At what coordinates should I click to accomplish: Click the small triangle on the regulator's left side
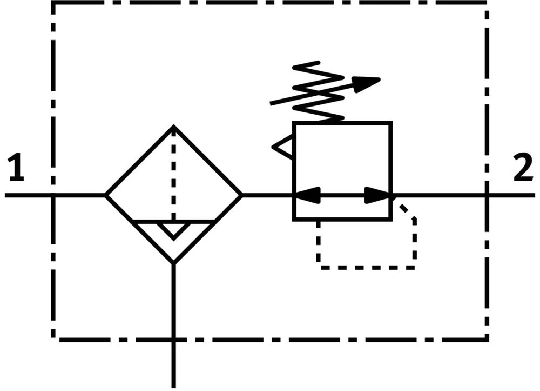[x=283, y=147]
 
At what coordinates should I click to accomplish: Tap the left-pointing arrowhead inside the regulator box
[x=307, y=195]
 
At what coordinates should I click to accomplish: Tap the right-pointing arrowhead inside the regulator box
[x=377, y=195]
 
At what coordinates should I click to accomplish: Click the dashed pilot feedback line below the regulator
[x=367, y=267]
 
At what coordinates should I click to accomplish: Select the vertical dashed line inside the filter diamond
[x=173, y=173]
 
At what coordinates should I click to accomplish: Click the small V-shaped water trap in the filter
[x=173, y=229]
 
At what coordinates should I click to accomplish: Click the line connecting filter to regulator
[x=267, y=195]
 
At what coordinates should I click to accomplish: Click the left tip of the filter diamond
[x=106, y=195]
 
